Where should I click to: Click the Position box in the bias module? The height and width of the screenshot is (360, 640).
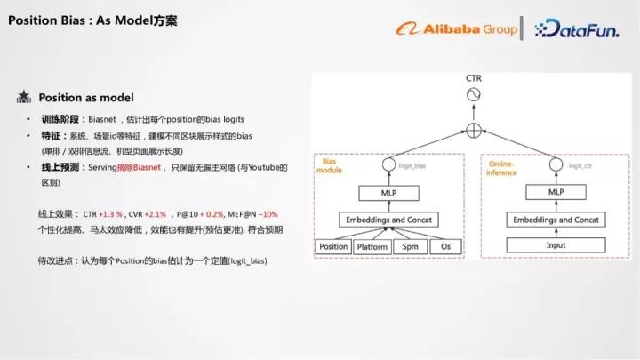pos(333,245)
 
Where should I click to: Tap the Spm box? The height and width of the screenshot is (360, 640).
pos(410,245)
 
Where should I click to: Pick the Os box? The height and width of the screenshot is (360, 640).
pos(446,245)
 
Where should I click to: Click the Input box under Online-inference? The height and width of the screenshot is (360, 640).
pos(556,245)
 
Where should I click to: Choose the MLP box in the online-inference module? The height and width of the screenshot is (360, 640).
pos(556,192)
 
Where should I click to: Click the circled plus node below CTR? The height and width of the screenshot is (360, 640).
pos(474,130)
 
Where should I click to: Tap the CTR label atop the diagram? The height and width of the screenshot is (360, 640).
pos(474,78)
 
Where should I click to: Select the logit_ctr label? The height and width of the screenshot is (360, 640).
pos(580,165)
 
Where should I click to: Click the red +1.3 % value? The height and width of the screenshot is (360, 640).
pos(112,214)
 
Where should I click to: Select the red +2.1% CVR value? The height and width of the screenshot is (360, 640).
pos(157,214)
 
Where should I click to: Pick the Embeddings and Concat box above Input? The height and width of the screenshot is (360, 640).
pos(556,220)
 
